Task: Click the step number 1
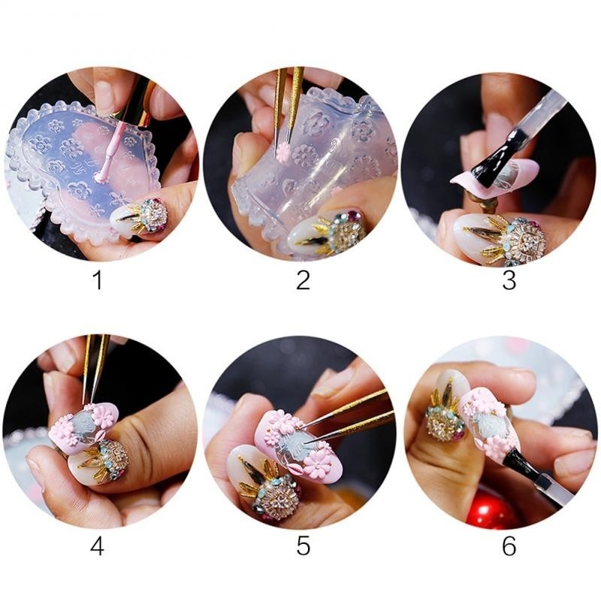coord(98,280)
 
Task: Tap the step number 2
coord(303,280)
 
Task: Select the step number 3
coord(509,280)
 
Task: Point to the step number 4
coord(98,546)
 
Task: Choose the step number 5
coord(303,546)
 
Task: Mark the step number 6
coord(509,546)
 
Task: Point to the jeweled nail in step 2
coord(326,232)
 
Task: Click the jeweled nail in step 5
coord(264,482)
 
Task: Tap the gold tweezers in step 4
coord(95,368)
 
